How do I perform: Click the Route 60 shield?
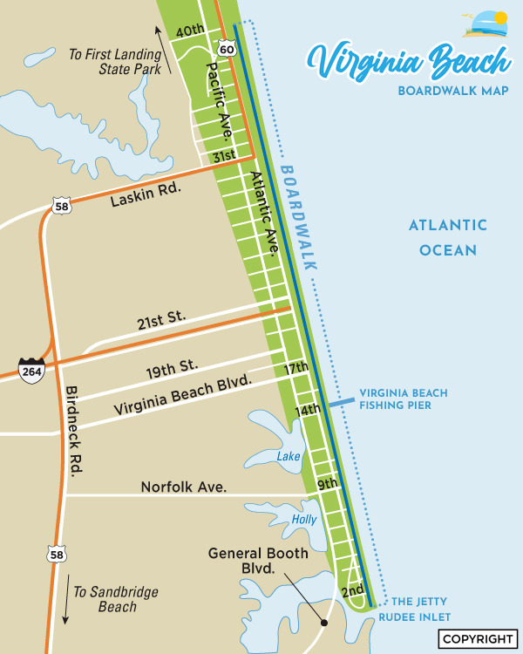227,49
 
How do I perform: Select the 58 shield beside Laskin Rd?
60,206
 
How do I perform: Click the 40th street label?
190,31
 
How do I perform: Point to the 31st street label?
225,157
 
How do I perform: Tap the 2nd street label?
352,591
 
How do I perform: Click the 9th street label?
327,483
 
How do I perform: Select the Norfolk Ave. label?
184,487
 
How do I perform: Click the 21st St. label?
161,322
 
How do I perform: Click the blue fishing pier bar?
341,404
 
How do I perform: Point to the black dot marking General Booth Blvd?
323,623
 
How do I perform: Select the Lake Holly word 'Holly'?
303,520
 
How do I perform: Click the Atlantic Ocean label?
448,237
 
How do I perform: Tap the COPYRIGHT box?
479,638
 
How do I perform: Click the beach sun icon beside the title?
486,24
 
